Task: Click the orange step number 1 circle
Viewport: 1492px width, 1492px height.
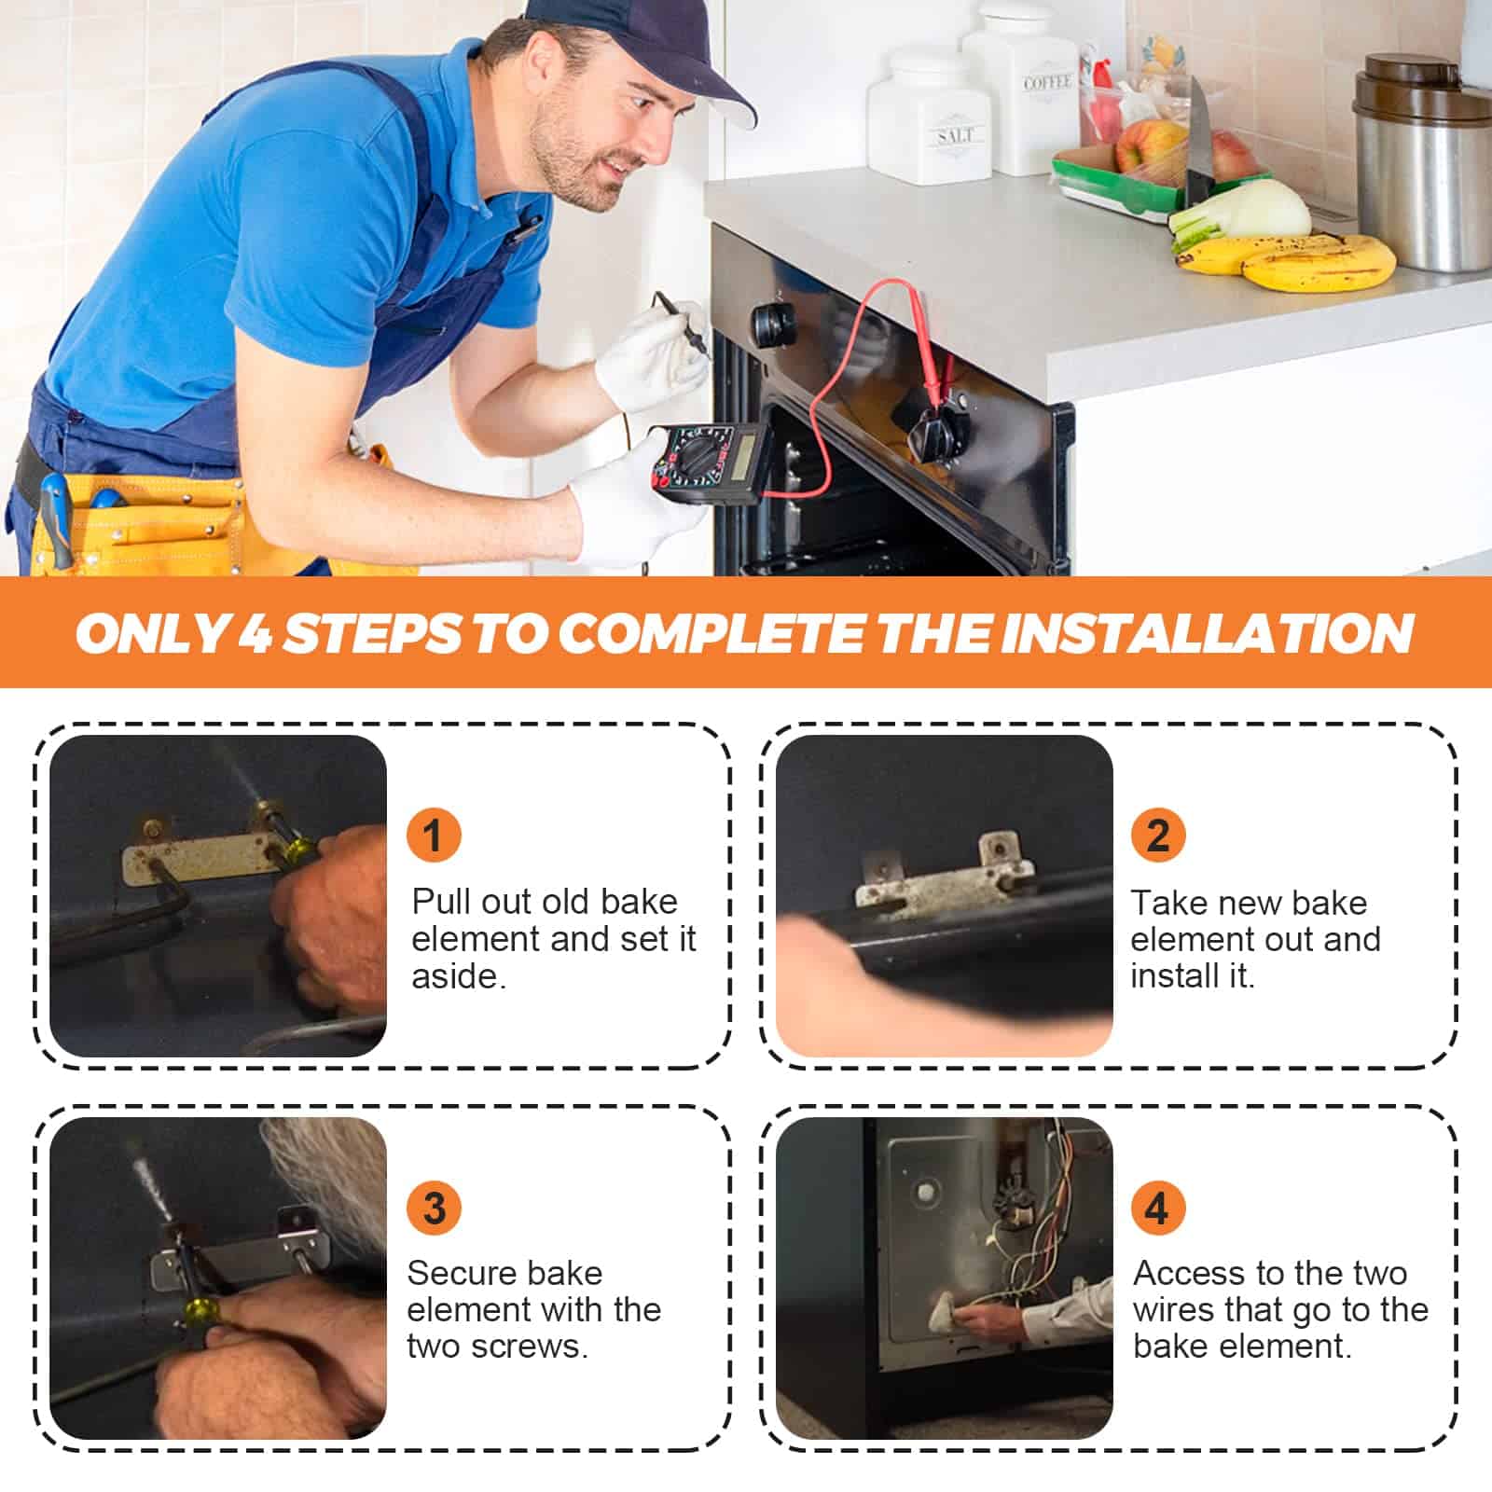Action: (434, 834)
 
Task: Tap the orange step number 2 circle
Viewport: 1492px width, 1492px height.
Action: (1158, 834)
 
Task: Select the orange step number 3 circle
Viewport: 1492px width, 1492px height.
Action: (434, 1209)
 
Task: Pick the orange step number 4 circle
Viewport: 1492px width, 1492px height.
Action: (1158, 1209)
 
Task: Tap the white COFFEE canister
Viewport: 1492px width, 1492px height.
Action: (1022, 89)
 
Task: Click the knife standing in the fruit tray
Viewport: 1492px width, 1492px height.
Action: (1199, 140)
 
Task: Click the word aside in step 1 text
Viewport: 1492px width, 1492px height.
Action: (459, 977)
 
